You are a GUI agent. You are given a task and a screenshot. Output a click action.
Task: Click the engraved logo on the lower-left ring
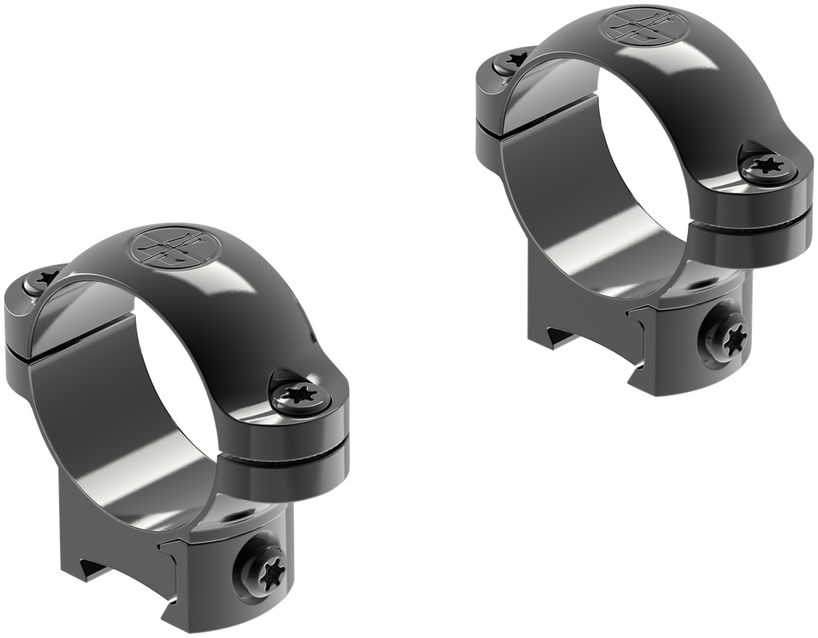click(169, 248)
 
